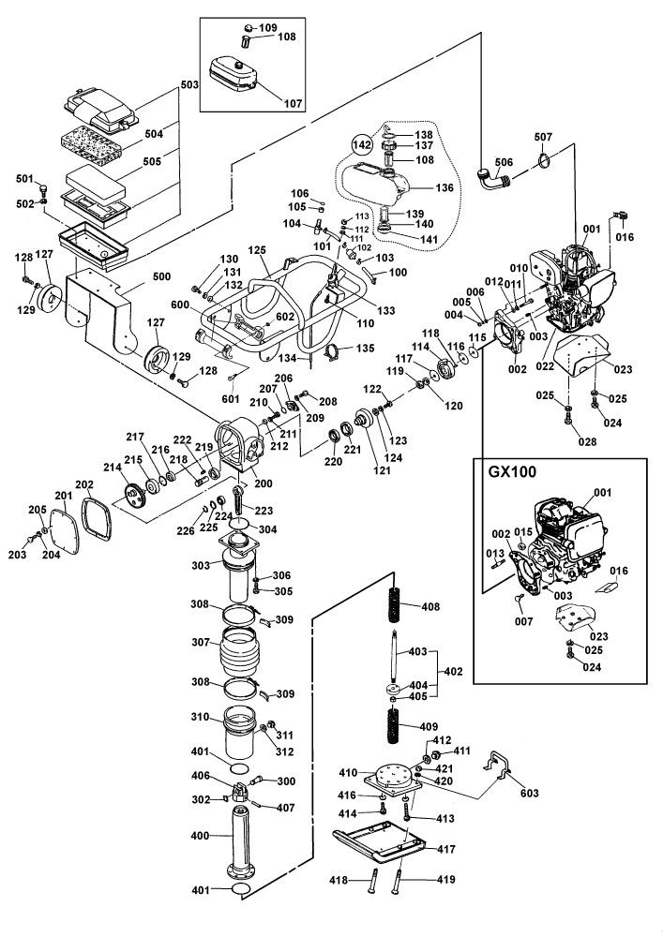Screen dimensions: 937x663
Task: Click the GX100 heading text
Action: (x=507, y=471)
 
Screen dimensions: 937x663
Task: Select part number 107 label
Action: (x=294, y=102)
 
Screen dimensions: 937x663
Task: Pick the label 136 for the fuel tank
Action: (x=444, y=187)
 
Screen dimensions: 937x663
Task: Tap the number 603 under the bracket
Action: (x=529, y=793)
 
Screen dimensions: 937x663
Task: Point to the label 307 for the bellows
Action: (x=199, y=643)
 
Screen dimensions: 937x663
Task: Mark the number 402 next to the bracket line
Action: (x=454, y=672)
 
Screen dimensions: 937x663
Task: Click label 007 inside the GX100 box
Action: (x=523, y=620)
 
